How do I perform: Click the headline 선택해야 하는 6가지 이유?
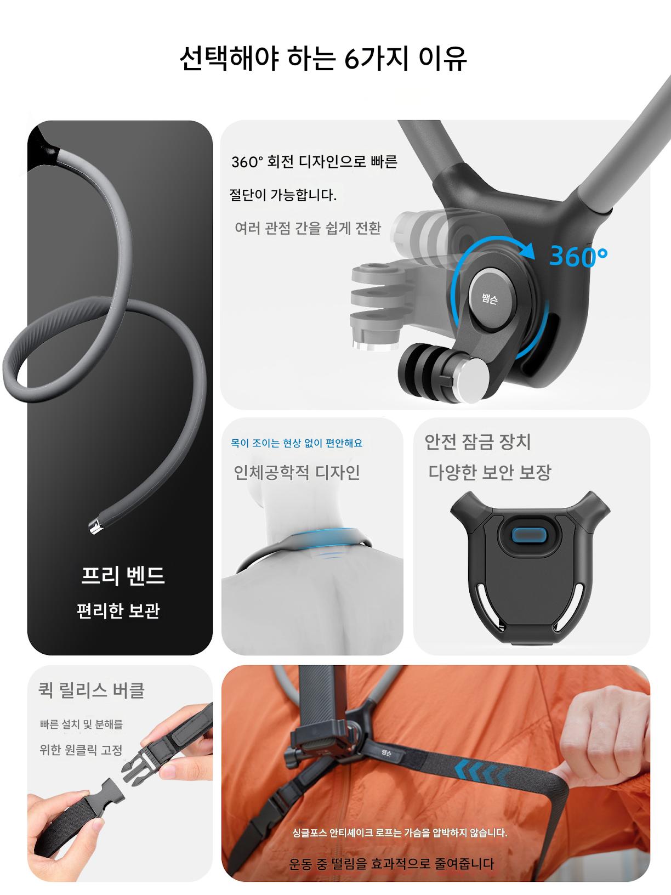[x=323, y=58]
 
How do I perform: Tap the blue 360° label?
[x=578, y=256]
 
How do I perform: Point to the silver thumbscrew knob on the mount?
[x=472, y=380]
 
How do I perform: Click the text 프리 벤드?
[x=123, y=576]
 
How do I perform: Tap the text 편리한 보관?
[x=118, y=610]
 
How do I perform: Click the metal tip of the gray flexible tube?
[x=95, y=526]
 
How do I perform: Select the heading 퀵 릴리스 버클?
[x=92, y=690]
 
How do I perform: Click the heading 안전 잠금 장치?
[x=477, y=441]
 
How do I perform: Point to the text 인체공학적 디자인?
[x=297, y=472]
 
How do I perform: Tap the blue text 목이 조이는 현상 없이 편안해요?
[x=297, y=443]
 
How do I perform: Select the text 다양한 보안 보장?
[x=490, y=472]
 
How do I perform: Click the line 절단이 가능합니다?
[x=283, y=195]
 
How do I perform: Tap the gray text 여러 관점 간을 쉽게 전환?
[x=308, y=228]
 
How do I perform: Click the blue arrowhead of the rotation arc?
[x=527, y=250]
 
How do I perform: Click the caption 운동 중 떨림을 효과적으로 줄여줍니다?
[x=391, y=863]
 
